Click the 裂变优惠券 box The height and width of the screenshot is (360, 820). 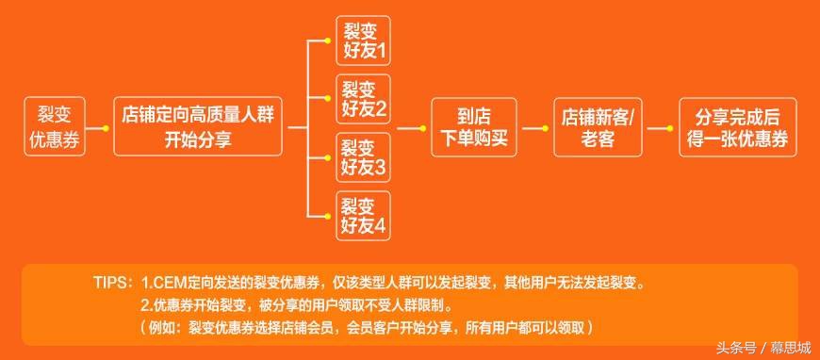[54, 127]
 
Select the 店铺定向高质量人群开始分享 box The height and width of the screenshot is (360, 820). [198, 127]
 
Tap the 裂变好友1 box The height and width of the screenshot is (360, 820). [363, 41]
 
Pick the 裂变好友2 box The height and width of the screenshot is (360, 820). [363, 99]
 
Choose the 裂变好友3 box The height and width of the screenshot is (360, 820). [363, 156]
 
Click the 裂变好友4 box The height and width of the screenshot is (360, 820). [363, 215]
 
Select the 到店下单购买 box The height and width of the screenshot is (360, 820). [474, 127]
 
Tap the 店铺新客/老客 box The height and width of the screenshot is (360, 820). [597, 127]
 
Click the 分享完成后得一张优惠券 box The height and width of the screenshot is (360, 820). [736, 127]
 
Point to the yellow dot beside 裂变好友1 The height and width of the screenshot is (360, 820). [328, 41]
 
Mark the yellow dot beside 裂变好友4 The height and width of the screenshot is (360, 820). [328, 215]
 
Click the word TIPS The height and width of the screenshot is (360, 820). [114, 283]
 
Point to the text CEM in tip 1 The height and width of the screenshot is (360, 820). [167, 283]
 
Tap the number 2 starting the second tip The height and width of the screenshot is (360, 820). [144, 305]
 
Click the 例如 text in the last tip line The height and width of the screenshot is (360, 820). [163, 327]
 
